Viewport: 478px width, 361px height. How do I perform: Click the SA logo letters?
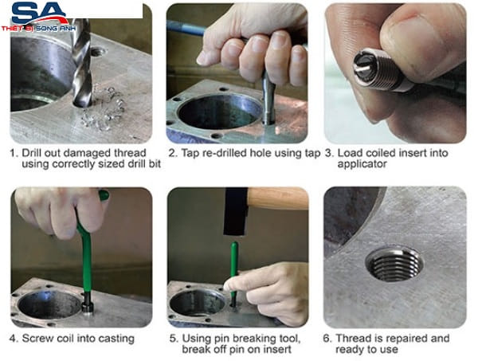click(x=39, y=14)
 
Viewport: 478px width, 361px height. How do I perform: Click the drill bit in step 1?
click(x=82, y=62)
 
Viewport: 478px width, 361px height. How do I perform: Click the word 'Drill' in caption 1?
click(x=32, y=153)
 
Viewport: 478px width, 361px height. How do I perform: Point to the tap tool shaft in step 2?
click(x=268, y=96)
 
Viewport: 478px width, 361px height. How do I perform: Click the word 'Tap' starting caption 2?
click(x=190, y=153)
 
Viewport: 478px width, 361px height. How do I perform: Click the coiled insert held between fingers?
click(x=378, y=69)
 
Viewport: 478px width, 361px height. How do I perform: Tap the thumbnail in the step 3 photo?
click(x=411, y=33)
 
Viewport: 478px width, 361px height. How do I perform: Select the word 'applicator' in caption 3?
click(x=362, y=164)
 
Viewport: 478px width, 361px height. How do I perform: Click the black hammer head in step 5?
click(x=236, y=211)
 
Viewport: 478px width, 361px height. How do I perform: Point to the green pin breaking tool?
click(x=234, y=272)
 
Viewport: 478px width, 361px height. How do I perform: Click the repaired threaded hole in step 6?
click(x=394, y=264)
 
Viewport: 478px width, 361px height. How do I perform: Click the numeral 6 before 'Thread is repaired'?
click(x=327, y=339)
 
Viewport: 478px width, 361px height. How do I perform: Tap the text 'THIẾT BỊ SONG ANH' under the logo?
click(x=38, y=29)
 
